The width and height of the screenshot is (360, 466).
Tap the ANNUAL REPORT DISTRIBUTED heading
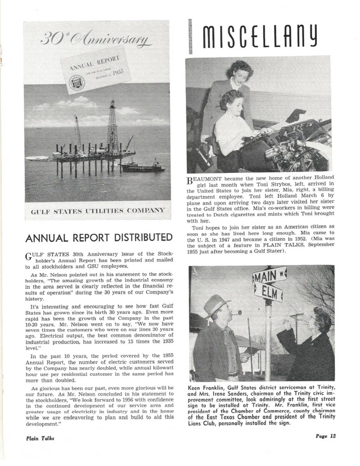click(98, 237)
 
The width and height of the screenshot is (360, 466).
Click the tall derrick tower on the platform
click(112, 124)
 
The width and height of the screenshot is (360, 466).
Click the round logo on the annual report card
click(75, 83)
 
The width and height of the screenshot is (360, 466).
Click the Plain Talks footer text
click(40, 438)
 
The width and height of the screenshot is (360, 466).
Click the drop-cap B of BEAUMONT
click(190, 180)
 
